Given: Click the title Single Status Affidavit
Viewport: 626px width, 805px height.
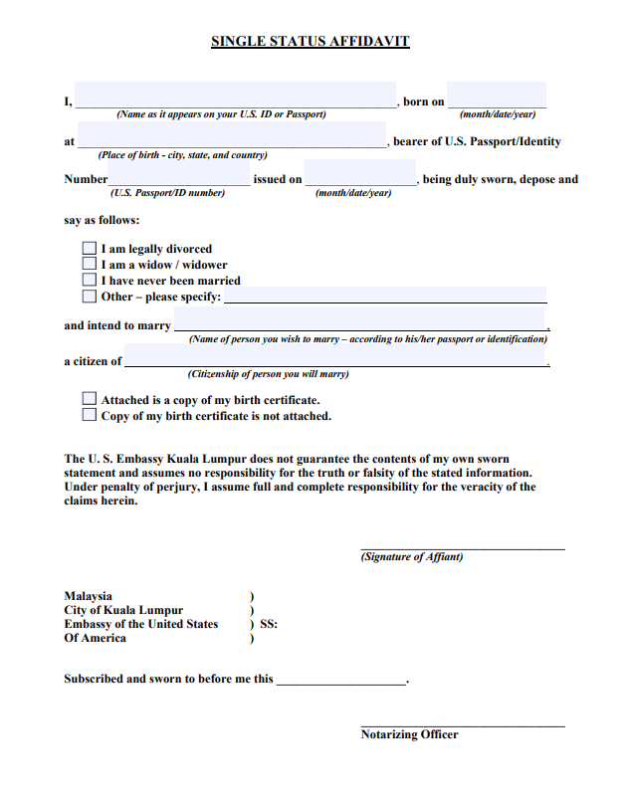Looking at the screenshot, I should [311, 42].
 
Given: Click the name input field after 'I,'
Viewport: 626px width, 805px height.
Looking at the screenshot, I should [235, 95].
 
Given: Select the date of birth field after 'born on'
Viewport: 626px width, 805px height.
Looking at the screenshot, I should [496, 95].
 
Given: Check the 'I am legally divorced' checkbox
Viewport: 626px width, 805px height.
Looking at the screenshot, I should [90, 249].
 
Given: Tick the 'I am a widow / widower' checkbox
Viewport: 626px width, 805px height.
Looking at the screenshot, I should [90, 265].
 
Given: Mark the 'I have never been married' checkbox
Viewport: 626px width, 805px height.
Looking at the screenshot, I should [90, 281].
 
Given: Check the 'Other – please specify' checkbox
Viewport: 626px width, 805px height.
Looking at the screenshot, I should [90, 297].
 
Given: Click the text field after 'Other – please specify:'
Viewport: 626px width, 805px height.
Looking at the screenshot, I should [385, 295].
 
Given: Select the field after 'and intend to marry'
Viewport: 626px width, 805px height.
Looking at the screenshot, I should [359, 319].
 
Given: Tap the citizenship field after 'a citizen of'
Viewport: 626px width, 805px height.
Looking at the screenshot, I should [335, 355].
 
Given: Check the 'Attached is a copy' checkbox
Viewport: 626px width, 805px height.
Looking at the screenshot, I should [90, 399].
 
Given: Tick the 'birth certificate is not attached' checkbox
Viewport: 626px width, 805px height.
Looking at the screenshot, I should [90, 415].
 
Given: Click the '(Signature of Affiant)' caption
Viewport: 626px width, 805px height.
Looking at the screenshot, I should [412, 557].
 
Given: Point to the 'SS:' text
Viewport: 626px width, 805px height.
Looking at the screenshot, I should [269, 625].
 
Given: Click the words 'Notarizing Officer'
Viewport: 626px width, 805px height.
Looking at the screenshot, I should [409, 734].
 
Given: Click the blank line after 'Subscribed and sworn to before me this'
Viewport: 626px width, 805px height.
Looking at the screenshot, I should [340, 679].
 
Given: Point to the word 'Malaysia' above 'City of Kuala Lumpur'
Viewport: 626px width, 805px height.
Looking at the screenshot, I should [89, 596].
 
